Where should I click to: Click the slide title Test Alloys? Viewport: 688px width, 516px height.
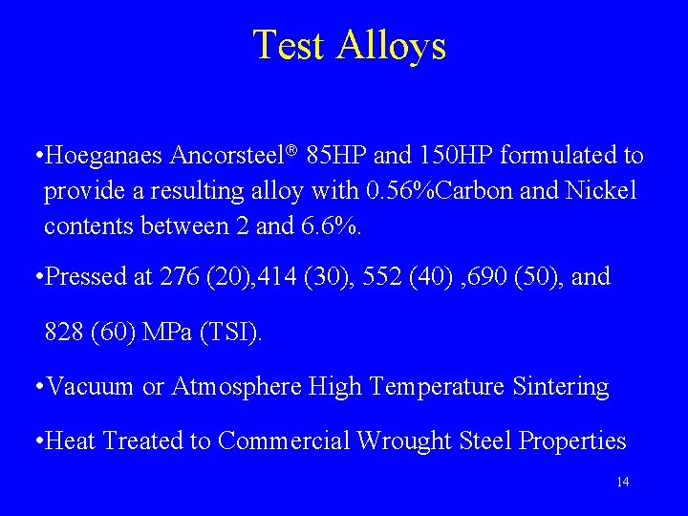[x=349, y=45]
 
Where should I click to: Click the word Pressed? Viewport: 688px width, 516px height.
[x=85, y=277]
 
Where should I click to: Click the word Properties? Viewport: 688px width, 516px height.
[x=570, y=441]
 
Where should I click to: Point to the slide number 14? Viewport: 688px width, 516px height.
[x=622, y=482]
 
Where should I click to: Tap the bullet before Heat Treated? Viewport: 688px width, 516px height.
[x=36, y=441]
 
